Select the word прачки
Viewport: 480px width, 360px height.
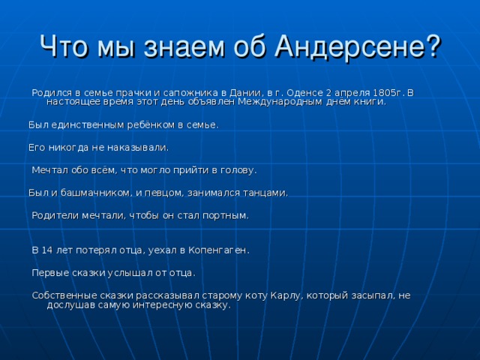(x=121, y=92)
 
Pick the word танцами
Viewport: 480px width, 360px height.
(x=265, y=193)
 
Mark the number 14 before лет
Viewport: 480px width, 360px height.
(x=47, y=250)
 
